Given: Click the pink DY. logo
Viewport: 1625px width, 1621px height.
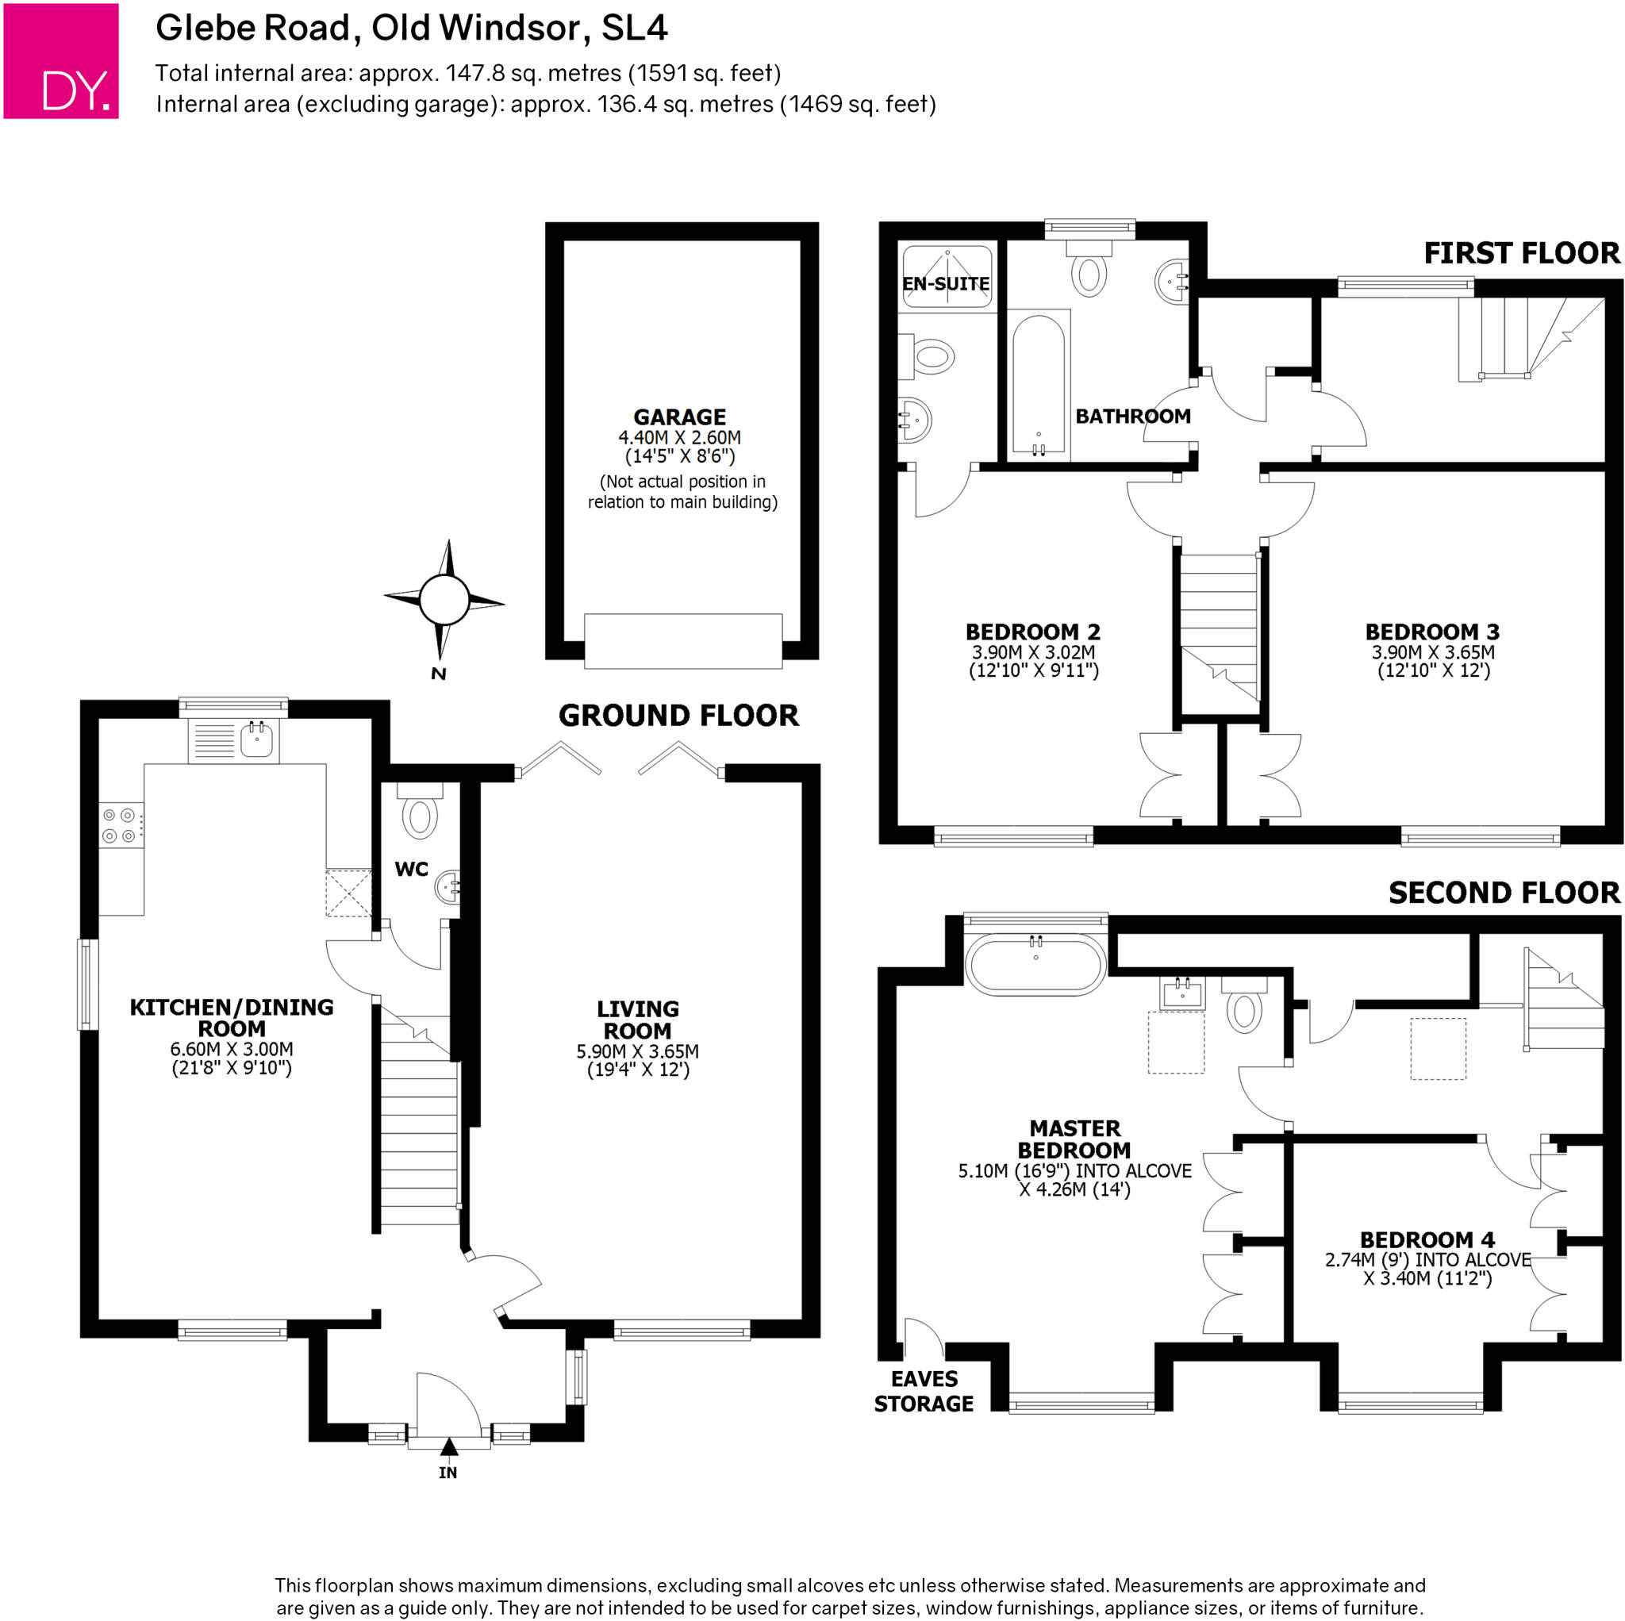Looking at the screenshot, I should (x=60, y=60).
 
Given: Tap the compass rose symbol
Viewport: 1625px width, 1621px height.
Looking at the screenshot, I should (x=444, y=600).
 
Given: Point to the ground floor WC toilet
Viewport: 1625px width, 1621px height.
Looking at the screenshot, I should (x=420, y=815).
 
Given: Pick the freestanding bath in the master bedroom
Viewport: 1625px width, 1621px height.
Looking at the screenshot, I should (x=1035, y=965).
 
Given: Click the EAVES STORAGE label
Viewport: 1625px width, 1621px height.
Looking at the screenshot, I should (x=924, y=1392).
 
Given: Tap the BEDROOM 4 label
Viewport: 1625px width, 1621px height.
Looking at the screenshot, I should (x=1427, y=1240).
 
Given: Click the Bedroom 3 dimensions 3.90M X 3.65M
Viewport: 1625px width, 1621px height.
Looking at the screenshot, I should (x=1432, y=653).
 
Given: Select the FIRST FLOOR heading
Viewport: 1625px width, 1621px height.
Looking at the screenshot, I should (x=1521, y=253).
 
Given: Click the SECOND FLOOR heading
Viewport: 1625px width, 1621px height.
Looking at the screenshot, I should (x=1503, y=893).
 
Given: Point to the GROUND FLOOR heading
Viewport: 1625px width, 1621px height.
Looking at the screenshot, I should (x=678, y=716).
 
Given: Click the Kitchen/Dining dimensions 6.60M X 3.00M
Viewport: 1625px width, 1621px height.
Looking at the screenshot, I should (x=232, y=1049).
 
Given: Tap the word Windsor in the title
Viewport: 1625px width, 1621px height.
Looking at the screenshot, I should (x=509, y=28).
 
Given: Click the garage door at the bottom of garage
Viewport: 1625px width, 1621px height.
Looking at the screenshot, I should (x=682, y=641).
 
